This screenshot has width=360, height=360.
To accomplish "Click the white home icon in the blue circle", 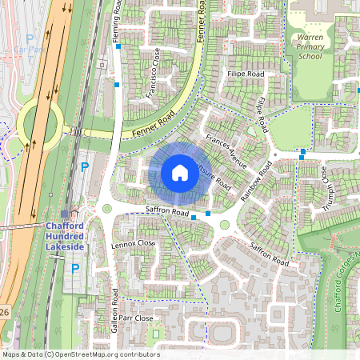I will pos(180,172).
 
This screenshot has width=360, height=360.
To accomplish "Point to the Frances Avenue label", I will pos(226,148).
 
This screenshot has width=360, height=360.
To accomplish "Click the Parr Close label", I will pos(135,318).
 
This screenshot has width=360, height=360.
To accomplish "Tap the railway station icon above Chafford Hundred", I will pos(65,214).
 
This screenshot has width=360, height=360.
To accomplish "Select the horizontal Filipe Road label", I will pos(245,74).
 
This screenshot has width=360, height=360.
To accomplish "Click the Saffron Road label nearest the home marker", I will pos(166,211).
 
